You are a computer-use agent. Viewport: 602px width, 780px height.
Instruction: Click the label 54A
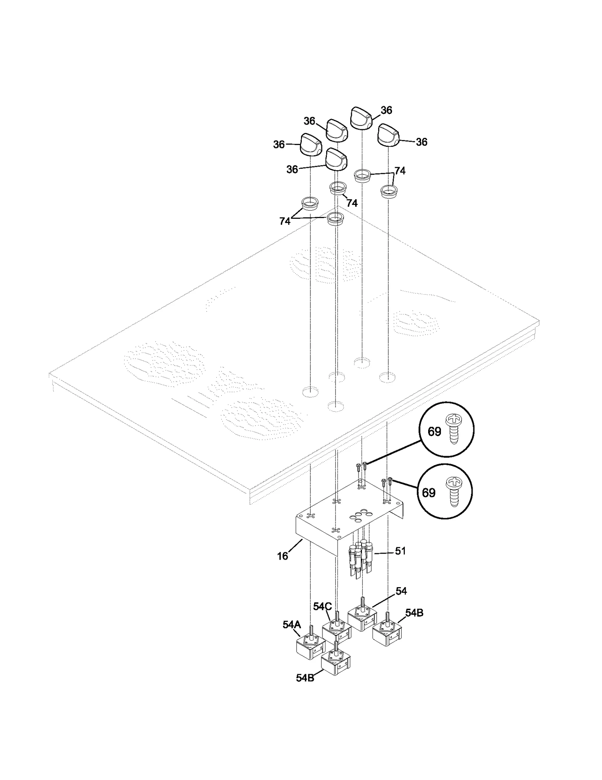click(x=292, y=625)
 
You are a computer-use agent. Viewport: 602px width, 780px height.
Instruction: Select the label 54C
click(x=322, y=606)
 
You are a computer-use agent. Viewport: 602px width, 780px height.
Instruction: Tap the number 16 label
click(x=283, y=556)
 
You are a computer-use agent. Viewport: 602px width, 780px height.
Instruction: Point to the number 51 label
click(x=400, y=551)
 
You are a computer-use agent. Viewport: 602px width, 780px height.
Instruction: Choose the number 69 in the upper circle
click(x=434, y=432)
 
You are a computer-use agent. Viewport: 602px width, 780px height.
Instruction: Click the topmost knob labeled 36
click(x=361, y=118)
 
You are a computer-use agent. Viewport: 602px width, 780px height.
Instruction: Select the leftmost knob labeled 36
click(x=311, y=144)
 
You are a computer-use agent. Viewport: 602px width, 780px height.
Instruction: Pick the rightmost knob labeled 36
click(x=388, y=135)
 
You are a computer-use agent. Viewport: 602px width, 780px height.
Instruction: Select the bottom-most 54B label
click(x=305, y=678)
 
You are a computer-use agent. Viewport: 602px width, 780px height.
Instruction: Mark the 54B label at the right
click(x=414, y=613)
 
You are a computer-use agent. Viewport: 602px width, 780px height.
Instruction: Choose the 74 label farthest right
click(x=400, y=171)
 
